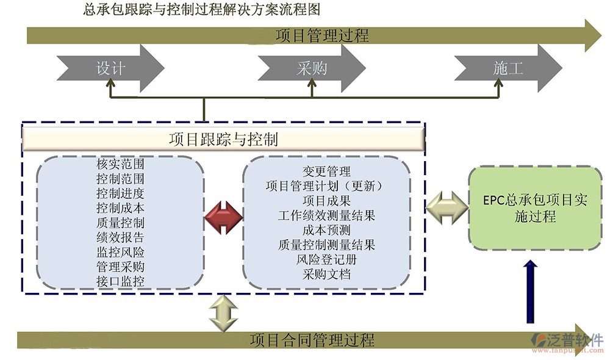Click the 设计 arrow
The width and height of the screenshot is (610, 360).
click(x=110, y=68)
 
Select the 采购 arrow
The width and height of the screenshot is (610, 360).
click(x=311, y=68)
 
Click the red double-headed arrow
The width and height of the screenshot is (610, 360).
click(x=223, y=217)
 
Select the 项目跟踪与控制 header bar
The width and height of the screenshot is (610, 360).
click(x=223, y=140)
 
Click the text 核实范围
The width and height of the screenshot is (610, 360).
click(x=120, y=164)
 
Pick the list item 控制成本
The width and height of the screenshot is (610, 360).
click(x=120, y=208)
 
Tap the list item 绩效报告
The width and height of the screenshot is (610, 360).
click(x=120, y=237)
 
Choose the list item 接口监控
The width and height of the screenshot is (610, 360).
click(x=120, y=281)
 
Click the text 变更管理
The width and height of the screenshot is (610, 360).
click(x=326, y=171)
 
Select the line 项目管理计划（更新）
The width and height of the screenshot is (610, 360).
click(x=328, y=185)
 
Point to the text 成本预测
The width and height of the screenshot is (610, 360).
click(x=326, y=230)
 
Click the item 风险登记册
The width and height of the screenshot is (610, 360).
click(x=326, y=259)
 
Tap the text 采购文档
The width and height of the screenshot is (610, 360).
click(x=326, y=274)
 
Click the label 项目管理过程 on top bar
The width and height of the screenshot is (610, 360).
click(x=322, y=35)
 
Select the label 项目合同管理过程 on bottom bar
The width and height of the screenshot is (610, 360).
click(x=312, y=340)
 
